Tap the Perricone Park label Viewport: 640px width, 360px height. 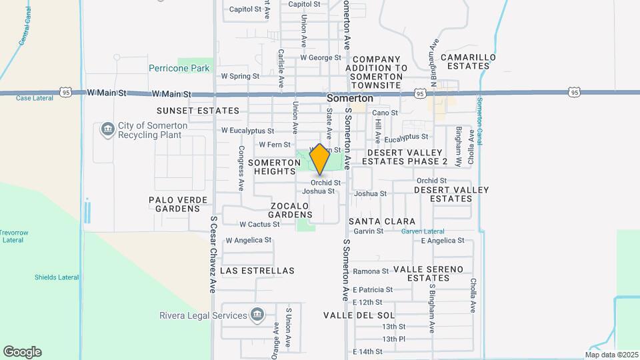179,68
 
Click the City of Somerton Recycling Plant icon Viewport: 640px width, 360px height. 107,129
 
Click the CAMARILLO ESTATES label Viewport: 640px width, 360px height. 471,62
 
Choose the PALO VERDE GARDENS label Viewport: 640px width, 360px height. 174,204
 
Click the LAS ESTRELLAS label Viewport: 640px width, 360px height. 257,271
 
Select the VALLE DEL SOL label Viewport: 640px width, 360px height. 359,315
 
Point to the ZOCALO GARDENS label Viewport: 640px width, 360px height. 291,210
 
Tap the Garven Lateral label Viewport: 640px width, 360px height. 423,231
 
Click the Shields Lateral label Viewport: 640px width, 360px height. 57,277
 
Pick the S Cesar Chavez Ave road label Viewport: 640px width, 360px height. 213,254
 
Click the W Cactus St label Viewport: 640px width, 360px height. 259,225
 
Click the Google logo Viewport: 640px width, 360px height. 22,352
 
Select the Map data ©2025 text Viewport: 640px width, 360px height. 611,355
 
